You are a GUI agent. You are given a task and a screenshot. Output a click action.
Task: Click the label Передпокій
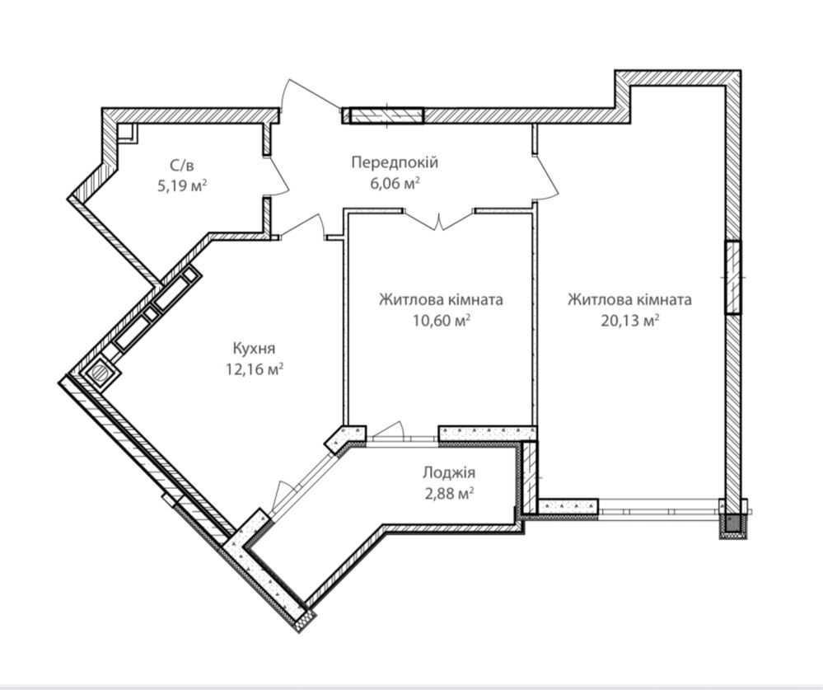coord(394,162)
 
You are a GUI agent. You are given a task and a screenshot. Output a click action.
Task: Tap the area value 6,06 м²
coord(394,183)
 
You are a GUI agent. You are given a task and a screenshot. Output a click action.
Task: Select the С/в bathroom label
coord(182,166)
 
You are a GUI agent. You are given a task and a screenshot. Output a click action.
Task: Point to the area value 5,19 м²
coord(182,185)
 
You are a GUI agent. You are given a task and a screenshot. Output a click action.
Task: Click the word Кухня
coord(254,348)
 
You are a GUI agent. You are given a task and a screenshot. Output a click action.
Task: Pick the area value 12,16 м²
coord(255,369)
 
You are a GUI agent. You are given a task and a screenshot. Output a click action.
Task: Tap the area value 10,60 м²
coord(441,320)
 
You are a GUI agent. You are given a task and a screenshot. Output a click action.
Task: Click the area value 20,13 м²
coord(630,320)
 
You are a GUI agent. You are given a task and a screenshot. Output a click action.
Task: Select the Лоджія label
coord(449,472)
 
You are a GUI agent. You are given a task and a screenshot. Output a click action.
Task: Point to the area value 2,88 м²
coord(449,494)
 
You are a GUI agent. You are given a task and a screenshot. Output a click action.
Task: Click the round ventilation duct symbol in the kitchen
coord(99,373)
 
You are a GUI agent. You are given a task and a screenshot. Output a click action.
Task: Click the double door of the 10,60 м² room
coord(440,219)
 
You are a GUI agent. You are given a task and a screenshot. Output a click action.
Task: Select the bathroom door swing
coord(278,176)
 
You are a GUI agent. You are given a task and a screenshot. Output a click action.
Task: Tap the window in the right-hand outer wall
coord(733,277)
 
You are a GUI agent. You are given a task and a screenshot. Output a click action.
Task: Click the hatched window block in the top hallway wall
coord(386,115)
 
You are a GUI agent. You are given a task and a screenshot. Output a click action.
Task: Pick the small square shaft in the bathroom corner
coord(128,133)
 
